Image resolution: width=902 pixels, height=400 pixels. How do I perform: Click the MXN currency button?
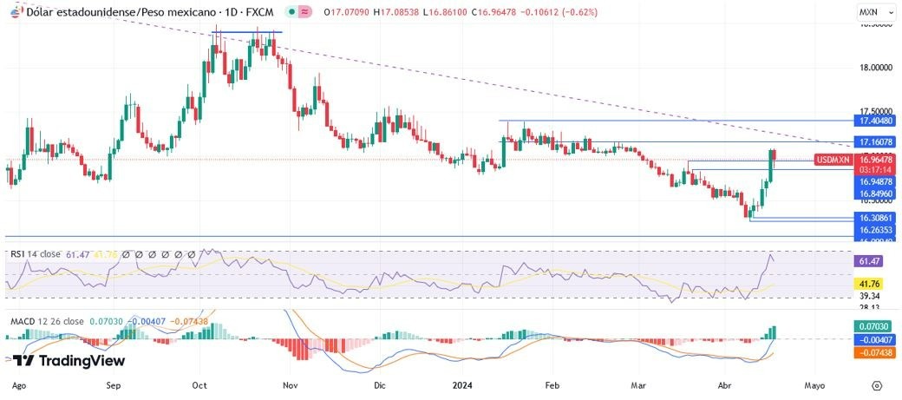point(869,13)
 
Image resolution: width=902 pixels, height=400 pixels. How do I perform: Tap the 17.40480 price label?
point(870,122)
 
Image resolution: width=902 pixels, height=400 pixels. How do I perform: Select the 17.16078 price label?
point(870,141)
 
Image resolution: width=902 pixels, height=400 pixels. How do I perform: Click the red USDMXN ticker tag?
point(833,160)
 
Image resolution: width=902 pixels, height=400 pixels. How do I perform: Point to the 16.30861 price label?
point(870,218)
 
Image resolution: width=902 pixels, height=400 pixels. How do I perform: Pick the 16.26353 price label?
point(870,230)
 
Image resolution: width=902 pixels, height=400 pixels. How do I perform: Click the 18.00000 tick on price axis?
point(871,68)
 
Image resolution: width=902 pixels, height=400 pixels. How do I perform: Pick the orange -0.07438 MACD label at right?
point(870,353)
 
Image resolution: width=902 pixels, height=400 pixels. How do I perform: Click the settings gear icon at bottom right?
point(877,384)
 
